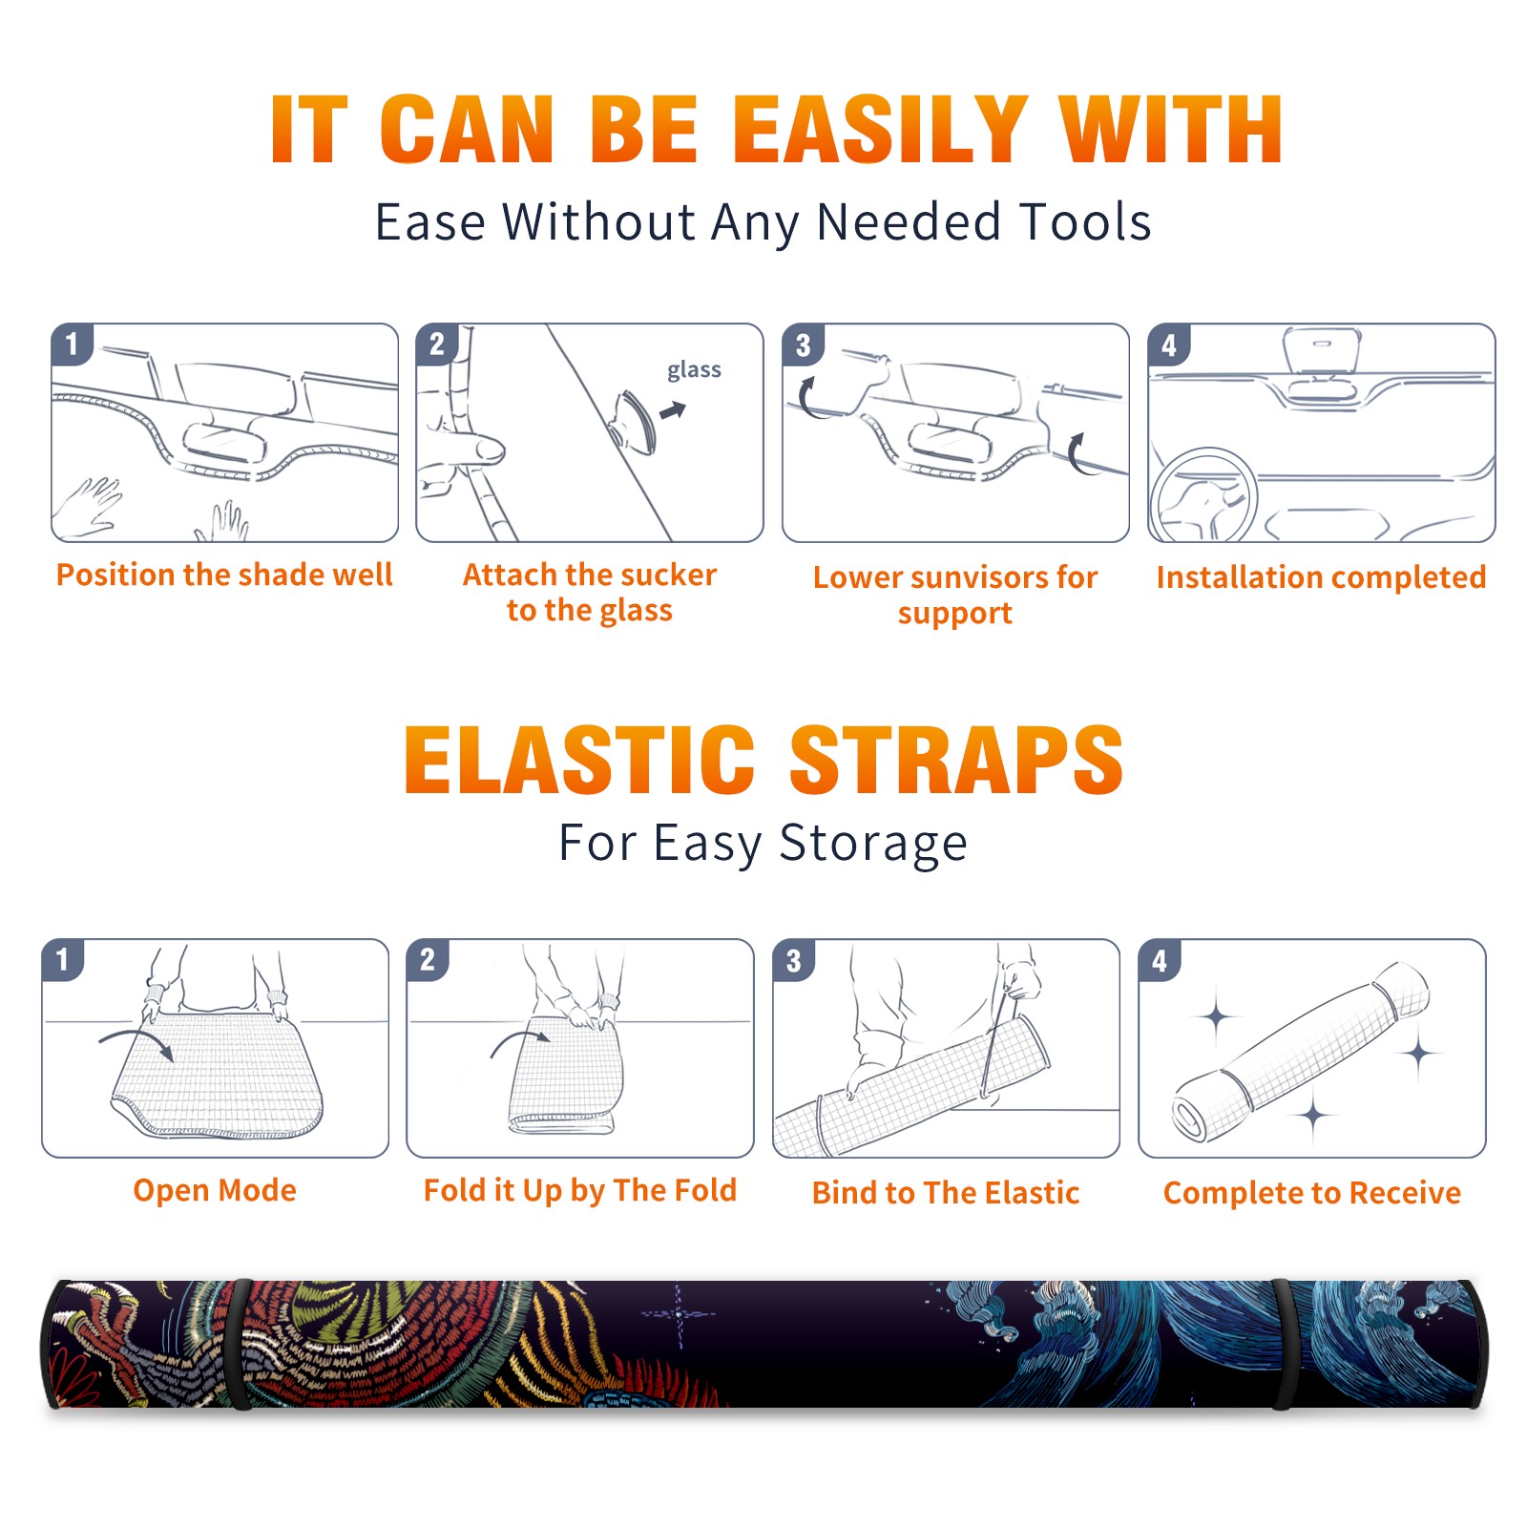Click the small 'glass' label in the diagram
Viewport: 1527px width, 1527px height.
tap(694, 370)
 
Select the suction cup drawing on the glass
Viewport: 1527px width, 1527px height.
tap(633, 421)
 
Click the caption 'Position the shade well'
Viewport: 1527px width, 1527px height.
tap(224, 575)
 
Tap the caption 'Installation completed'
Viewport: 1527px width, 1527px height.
tap(1321, 577)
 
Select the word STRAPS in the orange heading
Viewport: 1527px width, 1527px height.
tap(956, 760)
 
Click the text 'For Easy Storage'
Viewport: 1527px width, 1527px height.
tap(763, 843)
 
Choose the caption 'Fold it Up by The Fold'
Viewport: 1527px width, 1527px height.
tap(580, 1190)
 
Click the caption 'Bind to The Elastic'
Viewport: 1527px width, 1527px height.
tap(946, 1193)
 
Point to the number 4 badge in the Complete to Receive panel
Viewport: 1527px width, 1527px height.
tap(1160, 960)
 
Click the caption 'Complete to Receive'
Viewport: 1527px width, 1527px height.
tap(1312, 1193)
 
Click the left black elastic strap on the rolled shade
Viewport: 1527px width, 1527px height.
tap(240, 1345)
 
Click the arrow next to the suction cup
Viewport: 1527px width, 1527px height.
tap(673, 410)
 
